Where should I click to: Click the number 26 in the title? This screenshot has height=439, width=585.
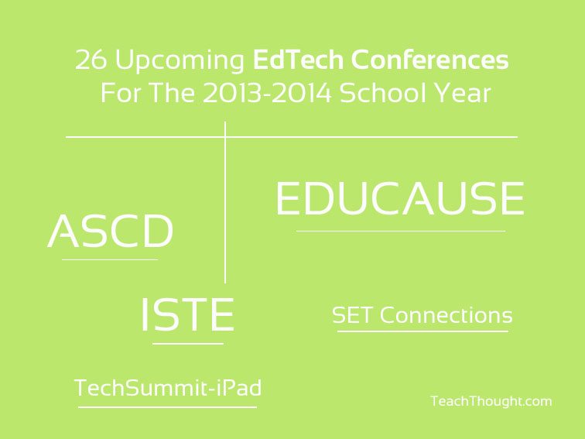pos(91,60)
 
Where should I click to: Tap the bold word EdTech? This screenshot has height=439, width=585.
pos(298,60)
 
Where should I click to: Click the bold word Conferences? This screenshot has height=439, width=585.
pos(429,60)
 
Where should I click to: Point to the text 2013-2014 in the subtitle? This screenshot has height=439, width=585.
pos(267,93)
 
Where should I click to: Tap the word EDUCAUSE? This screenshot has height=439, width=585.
pos(400,198)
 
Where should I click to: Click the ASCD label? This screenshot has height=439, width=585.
pos(111,231)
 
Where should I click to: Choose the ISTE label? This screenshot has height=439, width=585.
pos(188,314)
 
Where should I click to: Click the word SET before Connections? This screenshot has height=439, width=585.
pos(352,315)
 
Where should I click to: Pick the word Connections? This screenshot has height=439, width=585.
pos(446,315)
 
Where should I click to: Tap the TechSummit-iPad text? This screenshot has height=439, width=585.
pos(168,387)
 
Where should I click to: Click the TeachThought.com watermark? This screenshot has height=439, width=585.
pos(491,401)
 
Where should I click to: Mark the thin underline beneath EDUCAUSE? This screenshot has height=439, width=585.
pos(401,232)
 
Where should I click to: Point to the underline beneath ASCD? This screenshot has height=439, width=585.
pos(110,259)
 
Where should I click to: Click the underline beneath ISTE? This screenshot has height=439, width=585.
pos(188,344)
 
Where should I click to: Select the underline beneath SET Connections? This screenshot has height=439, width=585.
pos(422,331)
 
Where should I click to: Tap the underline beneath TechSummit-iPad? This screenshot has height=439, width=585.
pos(167,407)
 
